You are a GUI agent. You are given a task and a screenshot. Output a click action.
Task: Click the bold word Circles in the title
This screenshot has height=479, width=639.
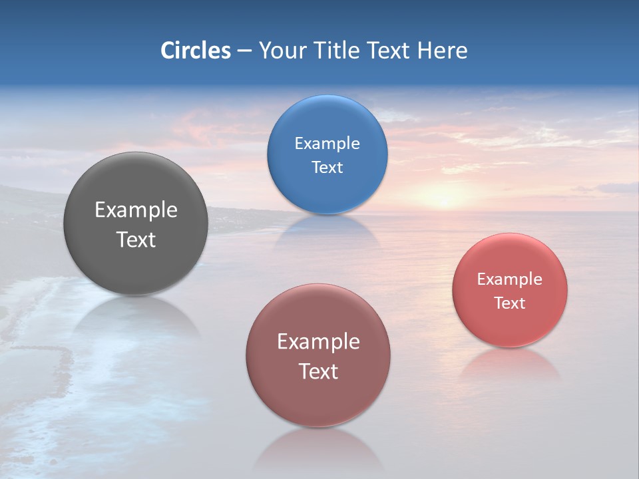point(195,51)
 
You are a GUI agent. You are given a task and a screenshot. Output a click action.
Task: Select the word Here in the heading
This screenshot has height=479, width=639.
point(442,51)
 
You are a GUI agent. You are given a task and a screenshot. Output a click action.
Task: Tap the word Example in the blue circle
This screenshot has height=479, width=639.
point(327,144)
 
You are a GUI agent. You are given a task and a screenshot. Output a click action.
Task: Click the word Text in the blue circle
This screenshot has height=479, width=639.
point(327,167)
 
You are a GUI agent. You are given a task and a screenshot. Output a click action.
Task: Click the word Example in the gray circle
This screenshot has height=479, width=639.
point(136,210)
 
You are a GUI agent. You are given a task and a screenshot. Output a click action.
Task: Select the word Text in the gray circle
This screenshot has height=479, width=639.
point(136,239)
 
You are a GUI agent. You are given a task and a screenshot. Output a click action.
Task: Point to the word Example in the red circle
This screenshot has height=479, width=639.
point(510,279)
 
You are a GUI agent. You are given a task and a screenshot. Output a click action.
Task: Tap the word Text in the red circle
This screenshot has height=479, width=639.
point(510,303)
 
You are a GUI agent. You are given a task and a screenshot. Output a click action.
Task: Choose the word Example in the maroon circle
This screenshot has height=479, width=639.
point(318,342)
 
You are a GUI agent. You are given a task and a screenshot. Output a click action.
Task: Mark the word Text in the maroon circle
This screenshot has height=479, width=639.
point(318,371)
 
